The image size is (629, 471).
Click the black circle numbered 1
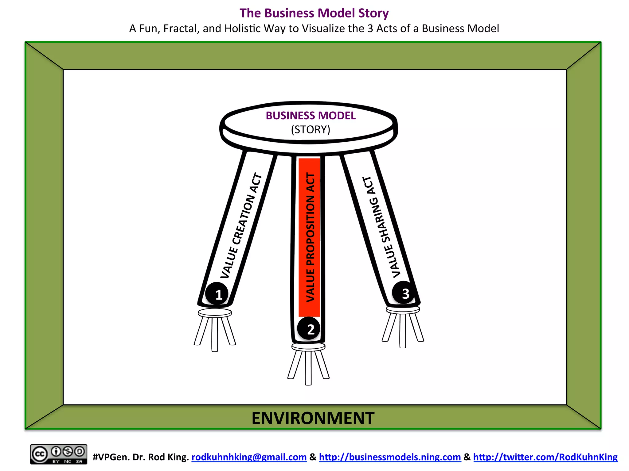point(217,294)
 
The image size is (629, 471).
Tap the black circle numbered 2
point(309,329)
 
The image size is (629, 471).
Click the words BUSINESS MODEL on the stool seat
point(311,116)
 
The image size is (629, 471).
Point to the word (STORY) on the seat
point(311,129)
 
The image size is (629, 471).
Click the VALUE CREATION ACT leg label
point(241,226)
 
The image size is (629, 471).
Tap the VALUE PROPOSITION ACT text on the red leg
point(310,238)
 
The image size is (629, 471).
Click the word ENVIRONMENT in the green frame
point(313,418)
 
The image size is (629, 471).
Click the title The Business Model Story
point(314,13)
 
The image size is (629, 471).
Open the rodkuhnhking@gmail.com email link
point(249,457)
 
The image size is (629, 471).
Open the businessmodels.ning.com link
point(390,457)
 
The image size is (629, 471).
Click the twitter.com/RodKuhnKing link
point(545,457)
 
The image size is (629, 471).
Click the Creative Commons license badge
point(58,454)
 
